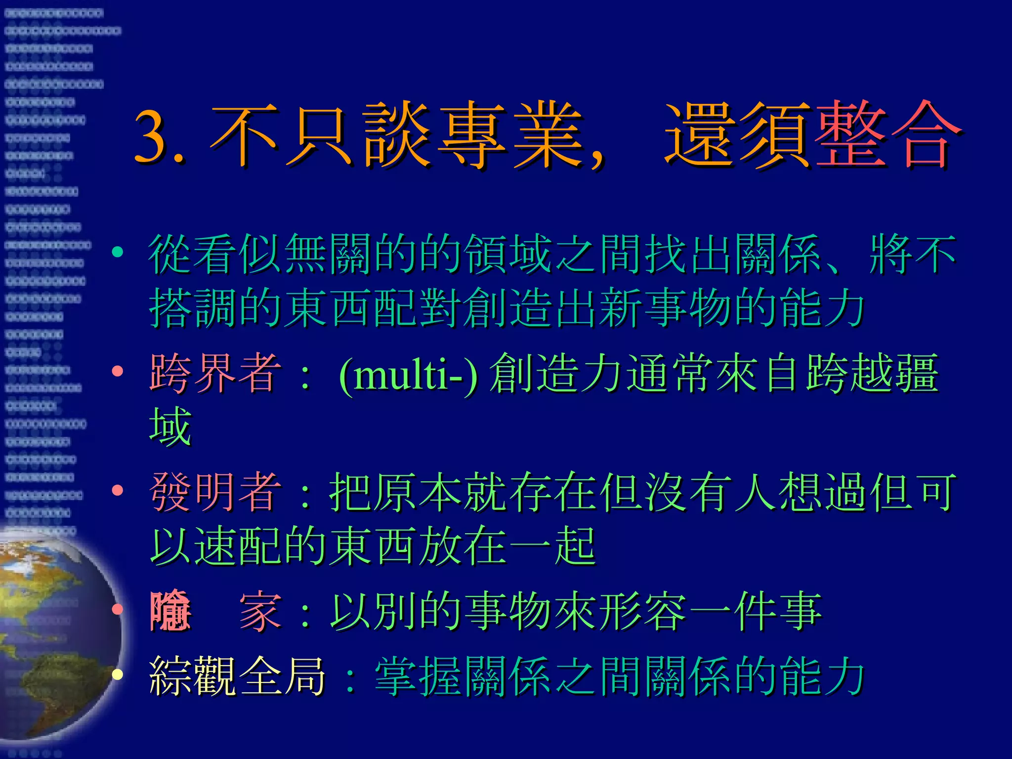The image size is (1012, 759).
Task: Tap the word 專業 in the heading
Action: [511, 134]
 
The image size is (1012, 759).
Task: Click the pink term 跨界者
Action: [215, 374]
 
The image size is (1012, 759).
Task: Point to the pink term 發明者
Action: [215, 492]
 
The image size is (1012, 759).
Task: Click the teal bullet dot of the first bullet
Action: [118, 253]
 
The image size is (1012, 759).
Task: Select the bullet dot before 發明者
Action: [118, 490]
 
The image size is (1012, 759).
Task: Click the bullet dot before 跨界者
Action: [118, 371]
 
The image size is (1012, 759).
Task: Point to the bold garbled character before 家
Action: [170, 612]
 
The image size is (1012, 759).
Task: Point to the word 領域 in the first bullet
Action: [509, 255]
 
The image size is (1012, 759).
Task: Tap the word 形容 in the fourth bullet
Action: [643, 612]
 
